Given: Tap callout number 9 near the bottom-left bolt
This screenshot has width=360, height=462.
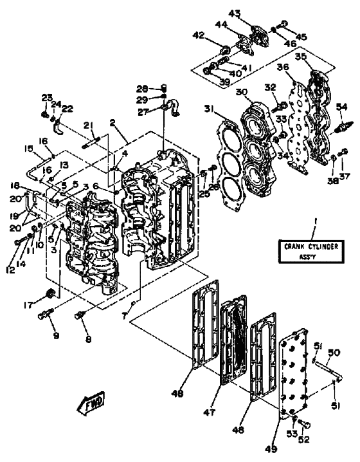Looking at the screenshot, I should (56, 335).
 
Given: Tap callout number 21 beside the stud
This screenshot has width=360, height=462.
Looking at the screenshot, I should (88, 125).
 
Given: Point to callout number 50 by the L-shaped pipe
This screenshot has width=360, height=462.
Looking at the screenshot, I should (333, 353).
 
